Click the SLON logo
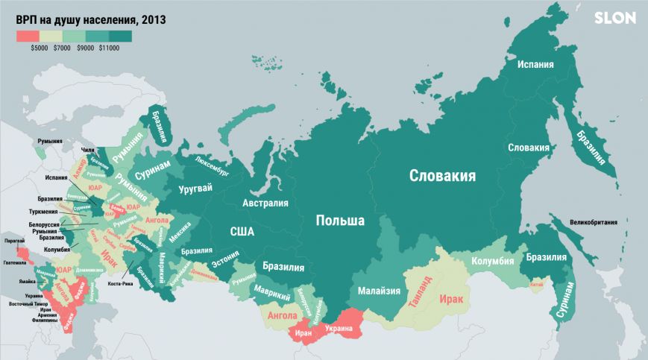(614, 19)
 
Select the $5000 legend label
(40, 48)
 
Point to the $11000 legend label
(109, 48)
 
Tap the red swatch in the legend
(28, 35)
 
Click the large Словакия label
(442, 176)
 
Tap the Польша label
(340, 221)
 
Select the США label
(242, 232)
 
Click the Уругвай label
(196, 189)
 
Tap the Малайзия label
(380, 291)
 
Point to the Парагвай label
(14, 241)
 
